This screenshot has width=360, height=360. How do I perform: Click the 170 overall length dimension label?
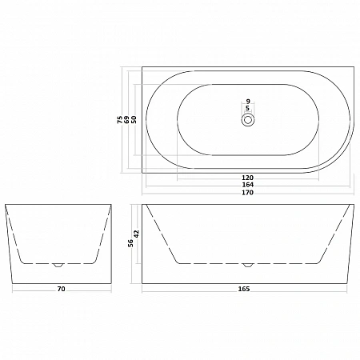[248, 193]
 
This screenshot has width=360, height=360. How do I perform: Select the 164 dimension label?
[248, 185]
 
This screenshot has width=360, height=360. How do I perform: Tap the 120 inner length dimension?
[248, 178]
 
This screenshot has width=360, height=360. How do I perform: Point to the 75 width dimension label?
[120, 120]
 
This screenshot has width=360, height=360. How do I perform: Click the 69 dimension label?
[126, 120]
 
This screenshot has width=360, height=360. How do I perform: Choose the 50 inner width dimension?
[134, 120]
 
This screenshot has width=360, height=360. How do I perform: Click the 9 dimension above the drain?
[248, 101]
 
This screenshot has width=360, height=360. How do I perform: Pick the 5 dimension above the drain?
[248, 108]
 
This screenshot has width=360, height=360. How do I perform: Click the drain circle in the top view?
[248, 119]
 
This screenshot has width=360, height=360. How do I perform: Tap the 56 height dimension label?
[130, 243]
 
